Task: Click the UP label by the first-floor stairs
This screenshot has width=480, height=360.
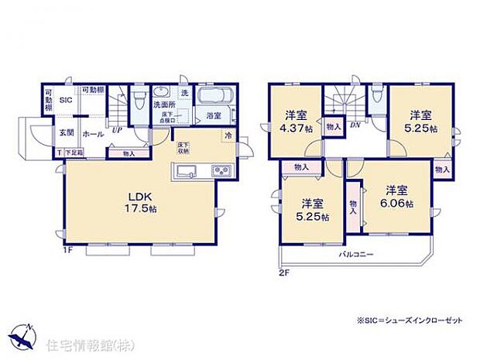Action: point(116,130)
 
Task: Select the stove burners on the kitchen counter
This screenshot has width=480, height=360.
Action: point(218,172)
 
